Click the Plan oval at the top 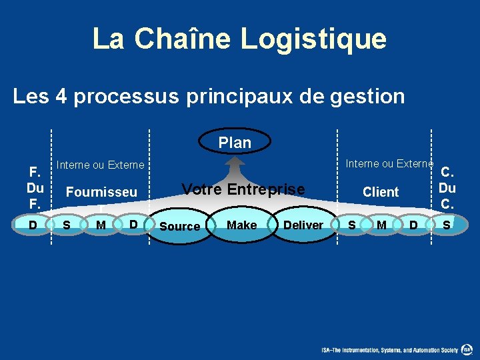pyautogui.click(x=235, y=142)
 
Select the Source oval pyautogui.click(x=180, y=226)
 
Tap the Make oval pyautogui.click(x=241, y=225)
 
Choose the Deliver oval pyautogui.click(x=303, y=225)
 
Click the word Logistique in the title pyautogui.click(x=313, y=39)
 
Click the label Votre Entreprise pyautogui.click(x=243, y=189)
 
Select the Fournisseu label pyautogui.click(x=101, y=192)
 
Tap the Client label pyautogui.click(x=380, y=192)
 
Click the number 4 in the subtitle pyautogui.click(x=61, y=97)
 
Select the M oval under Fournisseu pyautogui.click(x=101, y=225)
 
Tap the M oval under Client pyautogui.click(x=381, y=225)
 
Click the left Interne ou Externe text pyautogui.click(x=100, y=165)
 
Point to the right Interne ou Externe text pyautogui.click(x=389, y=163)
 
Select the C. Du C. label pyautogui.click(x=447, y=187)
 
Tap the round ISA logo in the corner pyautogui.click(x=468, y=349)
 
